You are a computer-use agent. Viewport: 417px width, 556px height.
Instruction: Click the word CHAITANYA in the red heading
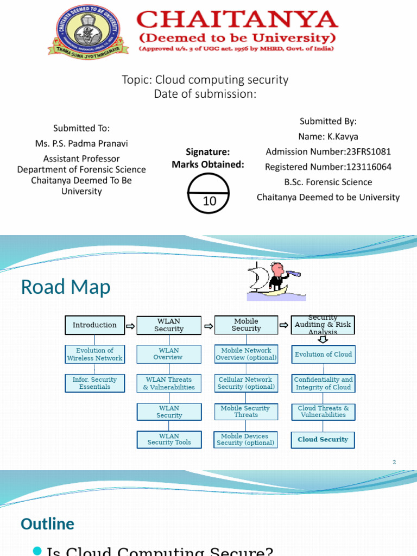(237, 20)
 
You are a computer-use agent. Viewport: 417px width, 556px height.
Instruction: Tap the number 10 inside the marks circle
(210, 201)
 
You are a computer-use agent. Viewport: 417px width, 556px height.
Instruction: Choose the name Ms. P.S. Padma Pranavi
(81, 143)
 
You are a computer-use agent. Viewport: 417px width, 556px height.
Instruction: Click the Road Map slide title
(65, 287)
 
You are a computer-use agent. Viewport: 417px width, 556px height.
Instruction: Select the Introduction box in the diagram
(94, 325)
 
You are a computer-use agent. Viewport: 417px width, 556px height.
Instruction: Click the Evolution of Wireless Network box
(94, 354)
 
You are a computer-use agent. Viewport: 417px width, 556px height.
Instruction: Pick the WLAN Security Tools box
(169, 439)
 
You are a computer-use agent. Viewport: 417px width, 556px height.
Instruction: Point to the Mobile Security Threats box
(246, 412)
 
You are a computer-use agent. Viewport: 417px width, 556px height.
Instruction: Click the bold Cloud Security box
(323, 439)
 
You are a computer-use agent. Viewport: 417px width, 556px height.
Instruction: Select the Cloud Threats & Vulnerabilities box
(323, 412)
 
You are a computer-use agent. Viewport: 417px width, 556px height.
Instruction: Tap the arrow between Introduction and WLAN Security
(130, 326)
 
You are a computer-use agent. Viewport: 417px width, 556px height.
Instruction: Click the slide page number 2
(394, 462)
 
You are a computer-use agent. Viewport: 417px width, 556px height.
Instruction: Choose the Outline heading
(47, 524)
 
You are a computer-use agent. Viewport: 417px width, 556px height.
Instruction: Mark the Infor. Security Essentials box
(94, 383)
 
